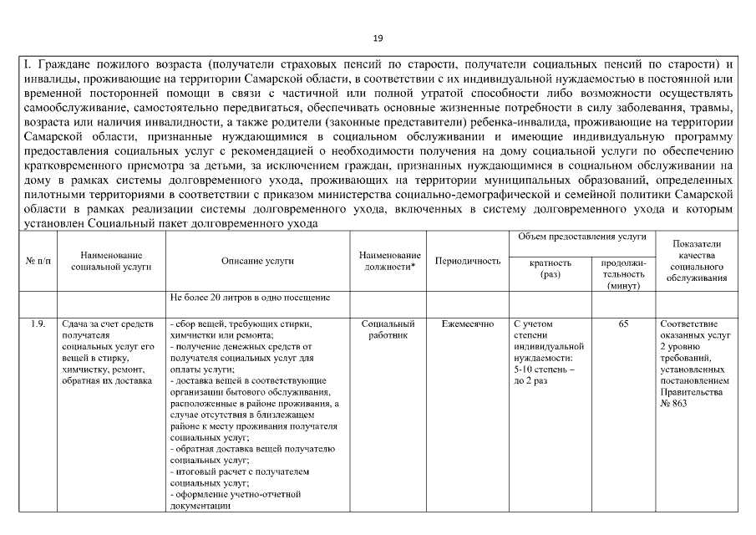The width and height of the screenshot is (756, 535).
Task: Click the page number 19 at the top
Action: pyautogui.click(x=378, y=38)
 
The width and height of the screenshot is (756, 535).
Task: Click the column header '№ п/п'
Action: pyautogui.click(x=38, y=261)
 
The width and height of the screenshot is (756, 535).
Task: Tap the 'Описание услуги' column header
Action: pyautogui.click(x=257, y=261)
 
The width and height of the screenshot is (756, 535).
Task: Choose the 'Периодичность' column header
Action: pyautogui.click(x=468, y=261)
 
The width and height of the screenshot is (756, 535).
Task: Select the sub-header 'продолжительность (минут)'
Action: pyautogui.click(x=623, y=273)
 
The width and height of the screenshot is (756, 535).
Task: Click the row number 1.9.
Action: pyautogui.click(x=38, y=324)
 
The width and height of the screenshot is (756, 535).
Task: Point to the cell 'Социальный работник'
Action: pyautogui.click(x=389, y=329)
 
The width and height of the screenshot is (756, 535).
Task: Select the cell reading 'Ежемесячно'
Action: pyautogui.click(x=468, y=324)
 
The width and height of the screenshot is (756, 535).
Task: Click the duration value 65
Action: pyautogui.click(x=623, y=324)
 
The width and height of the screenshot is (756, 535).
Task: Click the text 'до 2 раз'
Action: pyautogui.click(x=531, y=380)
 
